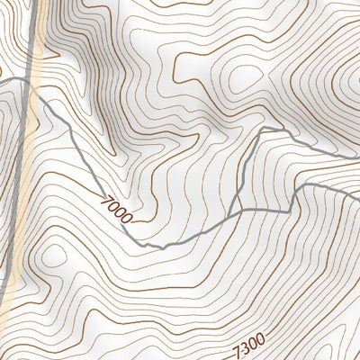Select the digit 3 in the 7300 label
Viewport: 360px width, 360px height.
pos(244,348)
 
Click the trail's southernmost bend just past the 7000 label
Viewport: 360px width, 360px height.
pos(146,246)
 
